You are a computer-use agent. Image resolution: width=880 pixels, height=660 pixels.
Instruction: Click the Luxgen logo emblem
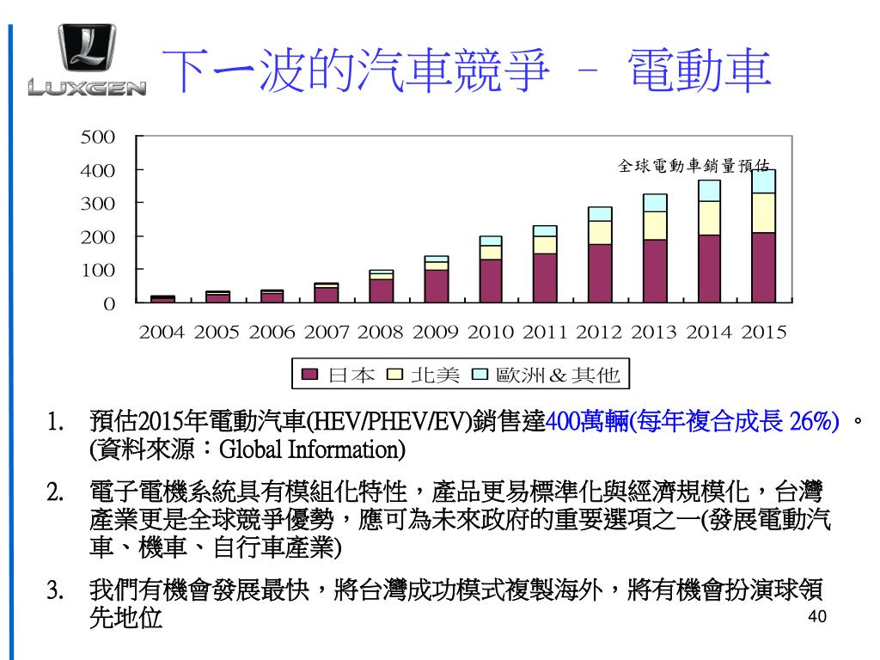point(87,50)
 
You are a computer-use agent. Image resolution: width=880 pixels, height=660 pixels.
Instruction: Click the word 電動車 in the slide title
point(697,70)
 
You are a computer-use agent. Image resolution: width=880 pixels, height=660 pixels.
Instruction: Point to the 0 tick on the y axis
point(108,303)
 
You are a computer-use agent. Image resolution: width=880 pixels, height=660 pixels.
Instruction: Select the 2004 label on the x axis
point(162,332)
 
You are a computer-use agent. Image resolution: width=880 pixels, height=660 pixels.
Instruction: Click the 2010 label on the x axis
point(491,332)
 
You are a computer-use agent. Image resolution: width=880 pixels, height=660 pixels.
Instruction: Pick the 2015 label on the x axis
point(764,332)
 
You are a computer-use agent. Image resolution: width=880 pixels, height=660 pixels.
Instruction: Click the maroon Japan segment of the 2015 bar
point(764,267)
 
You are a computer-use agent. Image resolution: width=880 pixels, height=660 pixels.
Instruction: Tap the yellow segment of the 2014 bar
point(709,218)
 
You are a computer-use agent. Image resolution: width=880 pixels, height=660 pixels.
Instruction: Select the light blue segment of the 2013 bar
point(655,203)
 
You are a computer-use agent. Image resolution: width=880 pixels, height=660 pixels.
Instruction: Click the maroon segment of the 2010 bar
point(491,281)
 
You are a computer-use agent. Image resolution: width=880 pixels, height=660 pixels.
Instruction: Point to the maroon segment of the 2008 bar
point(381,290)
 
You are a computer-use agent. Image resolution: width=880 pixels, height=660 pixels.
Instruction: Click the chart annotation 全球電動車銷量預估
point(694,166)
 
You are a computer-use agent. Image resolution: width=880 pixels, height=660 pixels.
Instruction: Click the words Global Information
point(309,449)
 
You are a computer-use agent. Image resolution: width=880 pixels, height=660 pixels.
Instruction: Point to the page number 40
point(817,617)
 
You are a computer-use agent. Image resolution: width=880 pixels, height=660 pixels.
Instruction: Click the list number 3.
point(56,592)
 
